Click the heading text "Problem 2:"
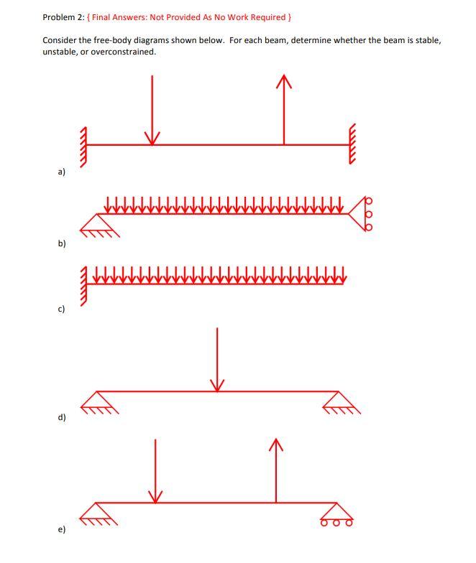pyautogui.click(x=63, y=17)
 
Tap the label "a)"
pyautogui.click(x=62, y=172)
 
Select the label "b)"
pyautogui.click(x=62, y=243)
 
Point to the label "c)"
pyautogui.click(x=62, y=309)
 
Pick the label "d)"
pyautogui.click(x=62, y=417)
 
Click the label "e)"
pyautogui.click(x=62, y=529)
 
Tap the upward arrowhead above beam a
pyautogui.click(x=284, y=81)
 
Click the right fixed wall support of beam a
pyautogui.click(x=352, y=144)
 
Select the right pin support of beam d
pyautogui.click(x=339, y=402)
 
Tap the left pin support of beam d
pyautogui.click(x=97, y=402)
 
